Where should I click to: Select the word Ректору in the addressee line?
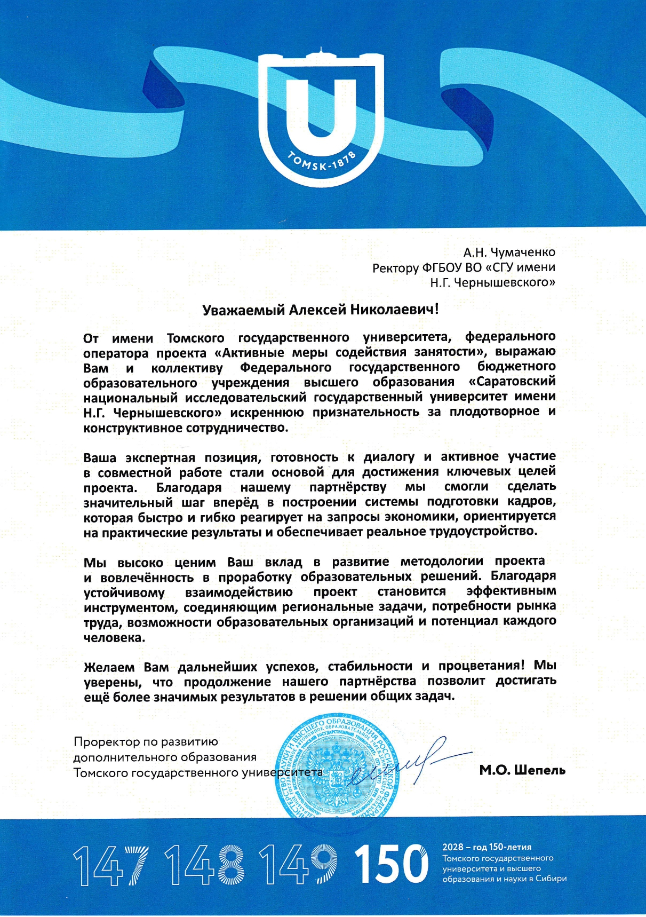click(395, 267)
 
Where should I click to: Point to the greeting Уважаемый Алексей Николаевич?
click(321, 310)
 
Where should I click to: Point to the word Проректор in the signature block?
click(105, 742)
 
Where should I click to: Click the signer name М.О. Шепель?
click(522, 770)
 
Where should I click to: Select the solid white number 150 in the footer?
click(391, 864)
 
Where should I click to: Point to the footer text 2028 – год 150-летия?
click(487, 847)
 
